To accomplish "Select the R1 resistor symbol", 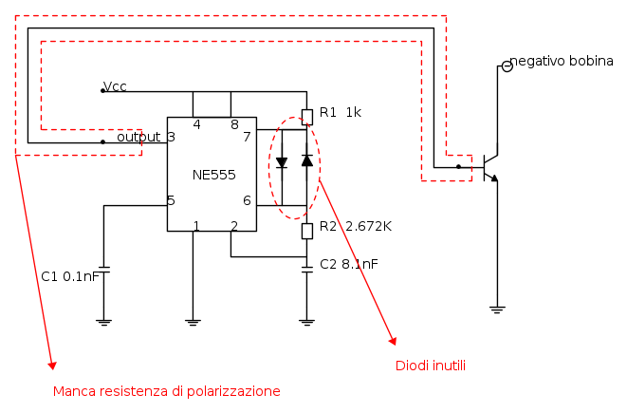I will point(306,117).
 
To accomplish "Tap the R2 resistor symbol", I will point(306,231).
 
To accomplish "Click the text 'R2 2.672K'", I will point(356,226).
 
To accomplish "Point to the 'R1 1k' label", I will point(341,112).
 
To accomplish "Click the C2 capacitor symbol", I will point(306,270).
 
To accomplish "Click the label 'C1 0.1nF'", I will point(70,276).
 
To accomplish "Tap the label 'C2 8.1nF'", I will point(349,264).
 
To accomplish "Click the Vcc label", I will point(116,86).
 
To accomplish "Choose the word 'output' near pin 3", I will point(138,137).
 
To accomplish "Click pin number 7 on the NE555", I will point(247,137).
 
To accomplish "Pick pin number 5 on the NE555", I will point(171,200).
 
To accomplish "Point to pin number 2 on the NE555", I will point(233,225).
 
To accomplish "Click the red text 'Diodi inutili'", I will point(430,366).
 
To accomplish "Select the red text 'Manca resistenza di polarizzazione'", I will point(166,391).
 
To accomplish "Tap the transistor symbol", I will point(490,168).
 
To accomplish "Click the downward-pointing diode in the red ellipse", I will point(282,162).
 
